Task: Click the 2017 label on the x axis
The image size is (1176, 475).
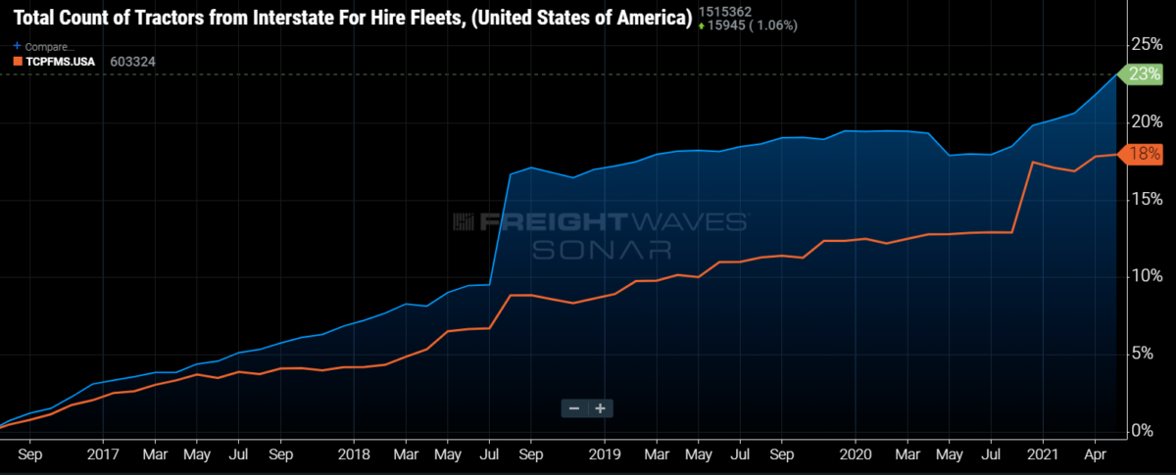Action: pos(104,455)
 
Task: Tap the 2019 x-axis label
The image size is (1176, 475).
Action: pos(605,455)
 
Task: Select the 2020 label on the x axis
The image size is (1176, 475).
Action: pos(856,455)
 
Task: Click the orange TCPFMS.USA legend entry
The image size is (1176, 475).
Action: pos(53,61)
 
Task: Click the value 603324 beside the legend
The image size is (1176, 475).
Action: pos(132,61)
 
